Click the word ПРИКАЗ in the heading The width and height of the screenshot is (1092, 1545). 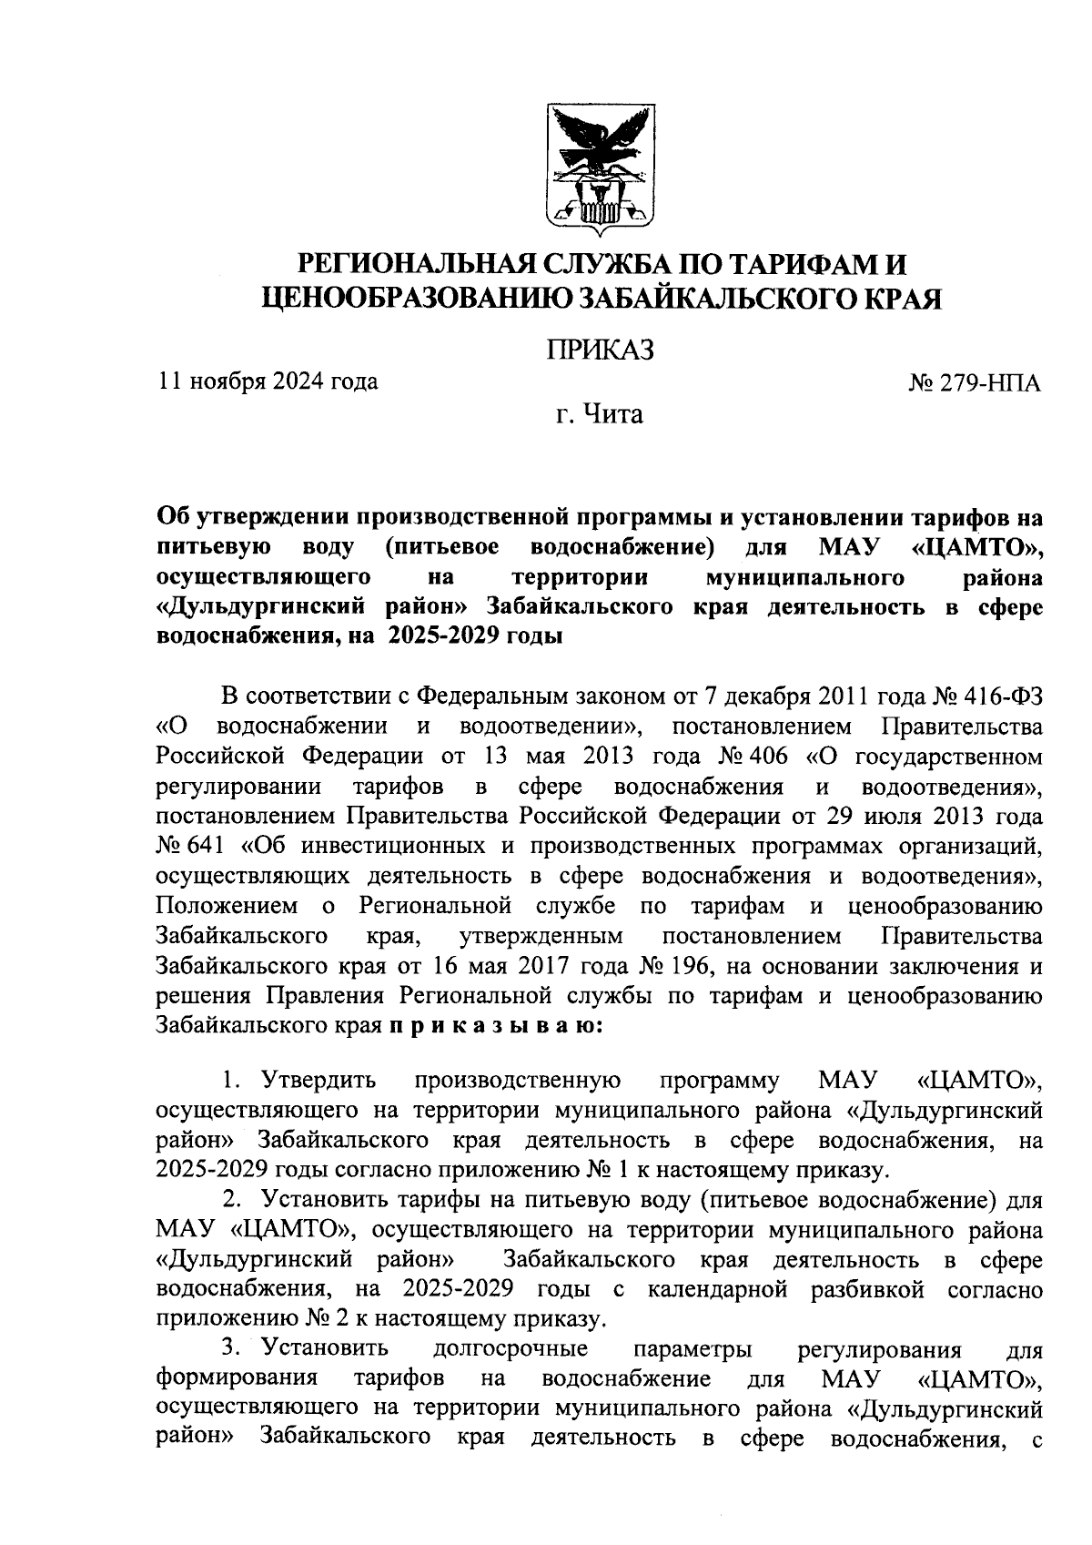(x=601, y=350)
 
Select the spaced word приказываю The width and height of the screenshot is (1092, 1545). (x=496, y=1026)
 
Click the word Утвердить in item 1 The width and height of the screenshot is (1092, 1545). (x=318, y=1081)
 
